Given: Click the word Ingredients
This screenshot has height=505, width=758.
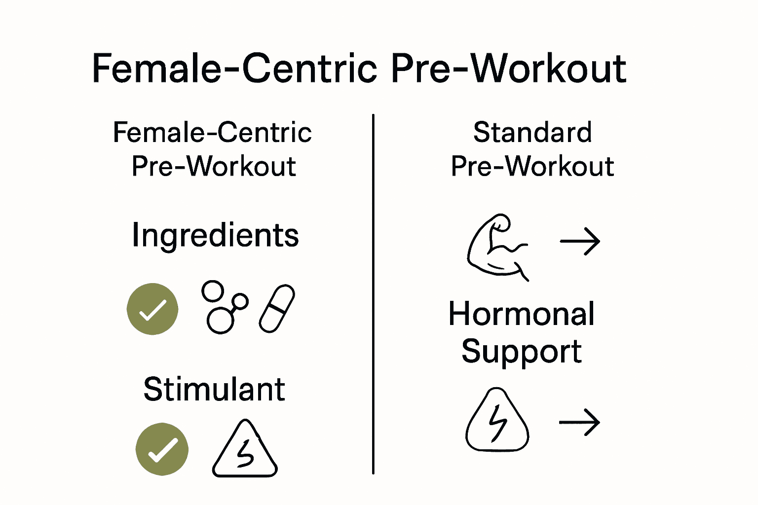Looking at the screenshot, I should (215, 235).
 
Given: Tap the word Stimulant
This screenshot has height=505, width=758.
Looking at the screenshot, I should (214, 389).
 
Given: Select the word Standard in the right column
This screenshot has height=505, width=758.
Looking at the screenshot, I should (532, 132).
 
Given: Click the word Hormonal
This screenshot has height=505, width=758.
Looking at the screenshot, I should (521, 314).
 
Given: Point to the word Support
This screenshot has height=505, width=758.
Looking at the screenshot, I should (521, 352).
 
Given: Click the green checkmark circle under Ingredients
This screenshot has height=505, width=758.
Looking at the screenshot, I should (152, 309).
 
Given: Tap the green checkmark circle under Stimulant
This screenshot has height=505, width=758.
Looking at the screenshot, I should (162, 449).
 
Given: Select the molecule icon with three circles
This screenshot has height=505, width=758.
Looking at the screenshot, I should (223, 307).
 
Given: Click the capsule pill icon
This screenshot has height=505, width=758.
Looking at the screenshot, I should (277, 308).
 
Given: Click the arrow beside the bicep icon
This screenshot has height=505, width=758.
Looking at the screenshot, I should (580, 241).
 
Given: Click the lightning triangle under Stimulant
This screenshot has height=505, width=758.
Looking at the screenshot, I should (245, 450).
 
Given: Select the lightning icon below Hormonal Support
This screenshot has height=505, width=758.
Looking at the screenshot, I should (497, 421).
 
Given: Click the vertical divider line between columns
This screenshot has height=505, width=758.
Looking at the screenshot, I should (373, 294).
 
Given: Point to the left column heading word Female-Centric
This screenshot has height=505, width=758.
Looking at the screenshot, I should (212, 132).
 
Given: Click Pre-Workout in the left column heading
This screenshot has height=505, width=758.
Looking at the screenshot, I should (213, 166).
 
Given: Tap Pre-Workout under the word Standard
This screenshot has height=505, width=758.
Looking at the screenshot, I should (532, 166).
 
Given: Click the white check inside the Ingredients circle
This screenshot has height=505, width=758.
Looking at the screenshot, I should (152, 310).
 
